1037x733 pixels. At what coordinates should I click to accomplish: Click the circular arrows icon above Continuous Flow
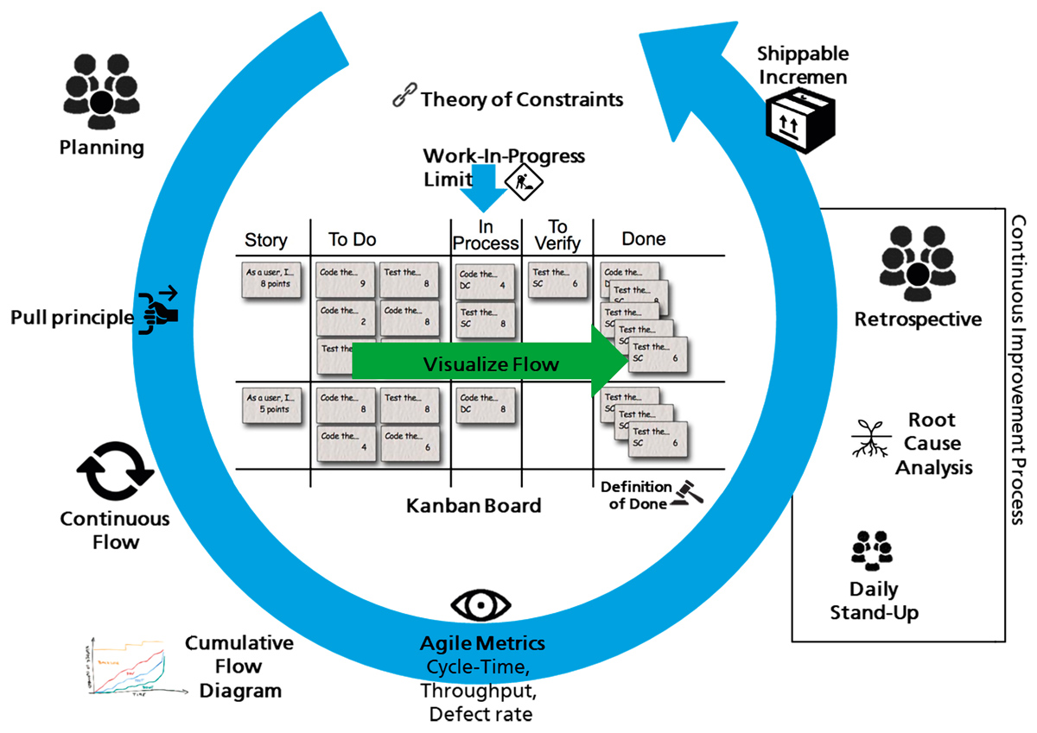(x=115, y=471)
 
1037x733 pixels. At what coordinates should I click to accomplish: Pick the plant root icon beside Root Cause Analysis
(x=868, y=440)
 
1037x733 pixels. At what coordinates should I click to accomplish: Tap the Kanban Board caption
(x=474, y=505)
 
